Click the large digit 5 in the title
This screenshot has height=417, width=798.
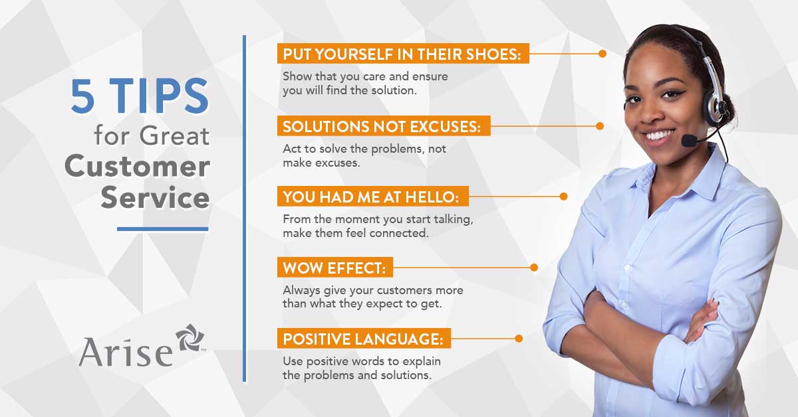pyautogui.click(x=82, y=96)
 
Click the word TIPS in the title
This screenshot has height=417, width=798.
pyautogui.click(x=159, y=96)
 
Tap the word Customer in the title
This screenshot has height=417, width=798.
pyautogui.click(x=138, y=166)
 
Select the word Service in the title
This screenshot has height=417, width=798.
pyautogui.click(x=156, y=197)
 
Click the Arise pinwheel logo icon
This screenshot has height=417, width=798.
pyautogui.click(x=190, y=337)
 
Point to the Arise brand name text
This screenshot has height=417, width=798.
pyautogui.click(x=126, y=352)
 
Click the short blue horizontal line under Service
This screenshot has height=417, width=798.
pyautogui.click(x=163, y=229)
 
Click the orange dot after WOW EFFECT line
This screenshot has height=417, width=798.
pyautogui.click(x=533, y=268)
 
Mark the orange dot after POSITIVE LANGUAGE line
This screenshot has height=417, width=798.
pyautogui.click(x=519, y=339)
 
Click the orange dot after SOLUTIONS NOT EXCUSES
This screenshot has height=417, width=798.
pyautogui.click(x=600, y=126)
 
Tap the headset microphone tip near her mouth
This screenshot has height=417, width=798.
pyautogui.click(x=689, y=141)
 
